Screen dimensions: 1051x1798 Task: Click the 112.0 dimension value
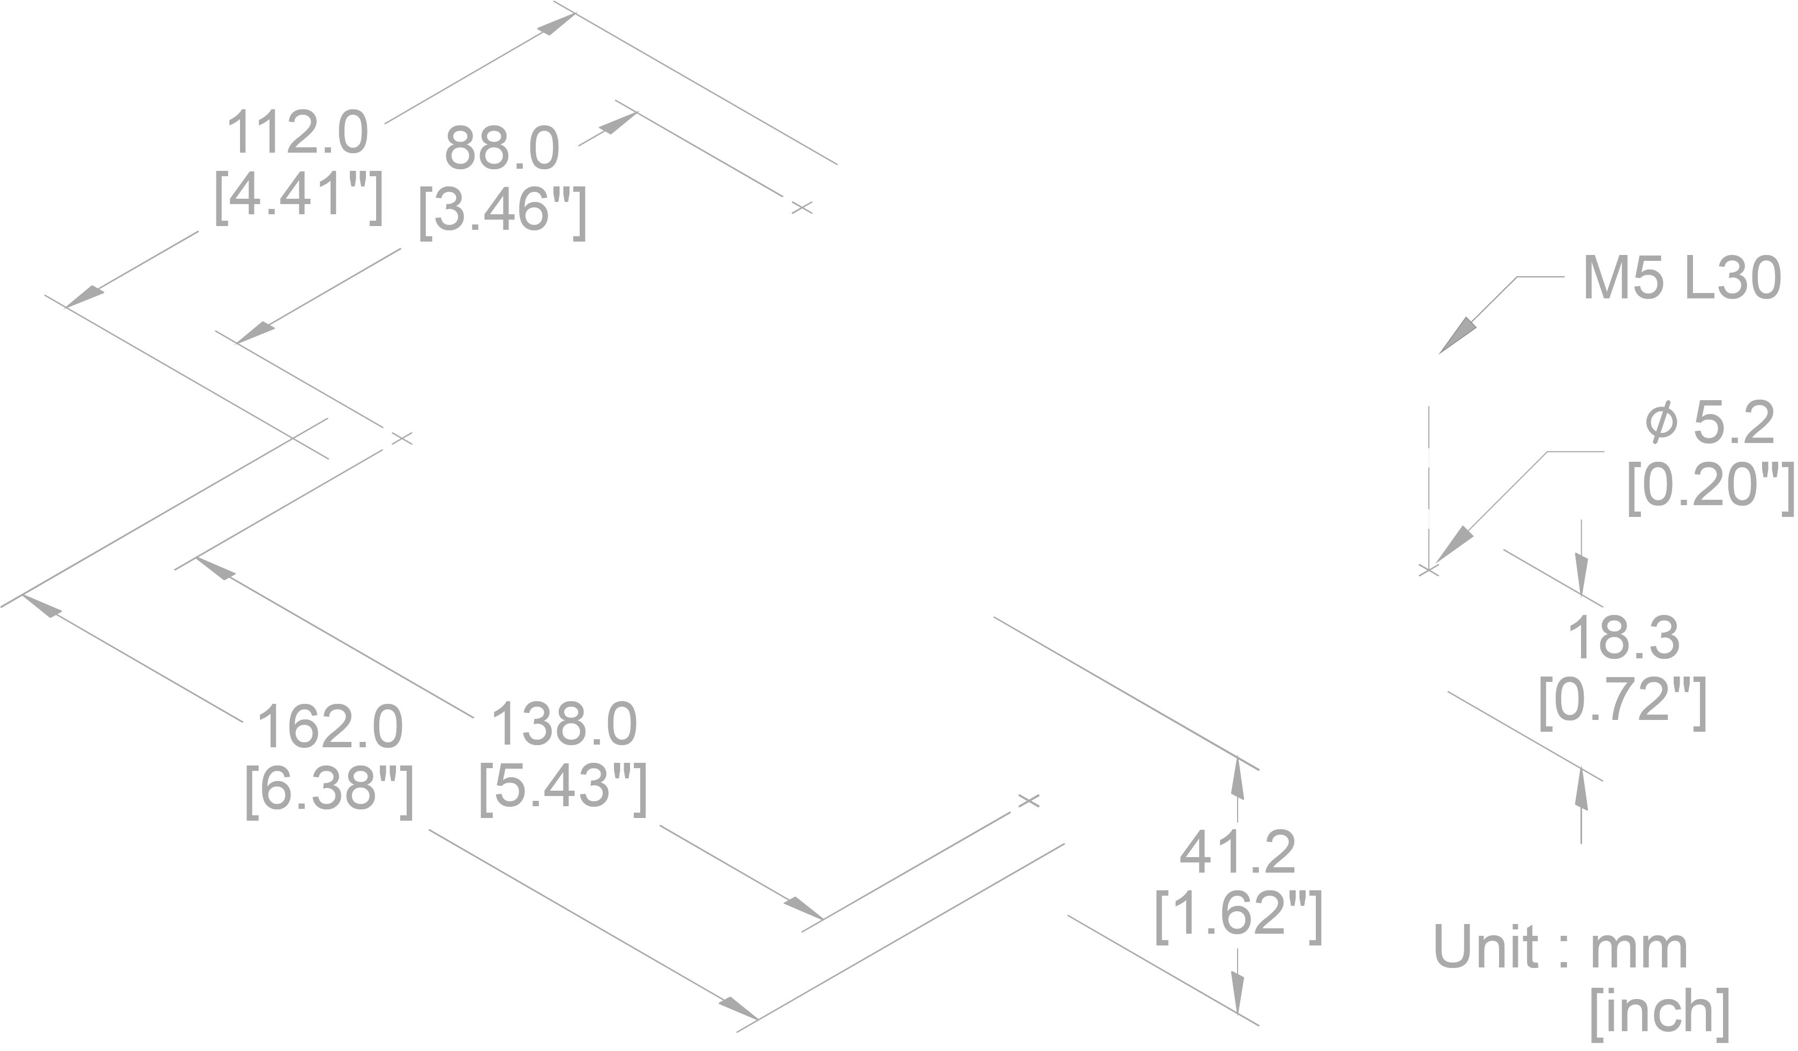[x=297, y=133]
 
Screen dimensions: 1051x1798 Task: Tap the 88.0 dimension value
[x=501, y=148]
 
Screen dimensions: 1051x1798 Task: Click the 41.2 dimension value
[x=1238, y=853]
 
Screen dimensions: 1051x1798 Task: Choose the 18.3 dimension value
[x=1623, y=638]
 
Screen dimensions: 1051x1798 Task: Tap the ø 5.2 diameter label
[x=1710, y=423]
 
